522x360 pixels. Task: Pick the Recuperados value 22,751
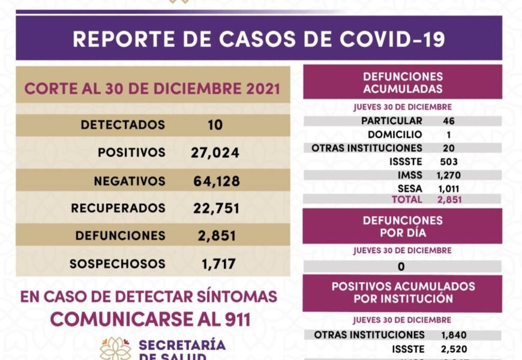point(216,208)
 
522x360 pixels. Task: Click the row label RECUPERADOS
point(118,208)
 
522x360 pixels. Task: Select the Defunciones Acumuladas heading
point(403,83)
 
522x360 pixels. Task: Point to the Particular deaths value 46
point(448,121)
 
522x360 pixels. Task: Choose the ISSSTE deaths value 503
point(448,161)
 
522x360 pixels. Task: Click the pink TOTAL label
point(406,199)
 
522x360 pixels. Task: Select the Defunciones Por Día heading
point(403,226)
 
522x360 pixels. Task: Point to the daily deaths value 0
point(401,266)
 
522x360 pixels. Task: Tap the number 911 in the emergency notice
point(233,319)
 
